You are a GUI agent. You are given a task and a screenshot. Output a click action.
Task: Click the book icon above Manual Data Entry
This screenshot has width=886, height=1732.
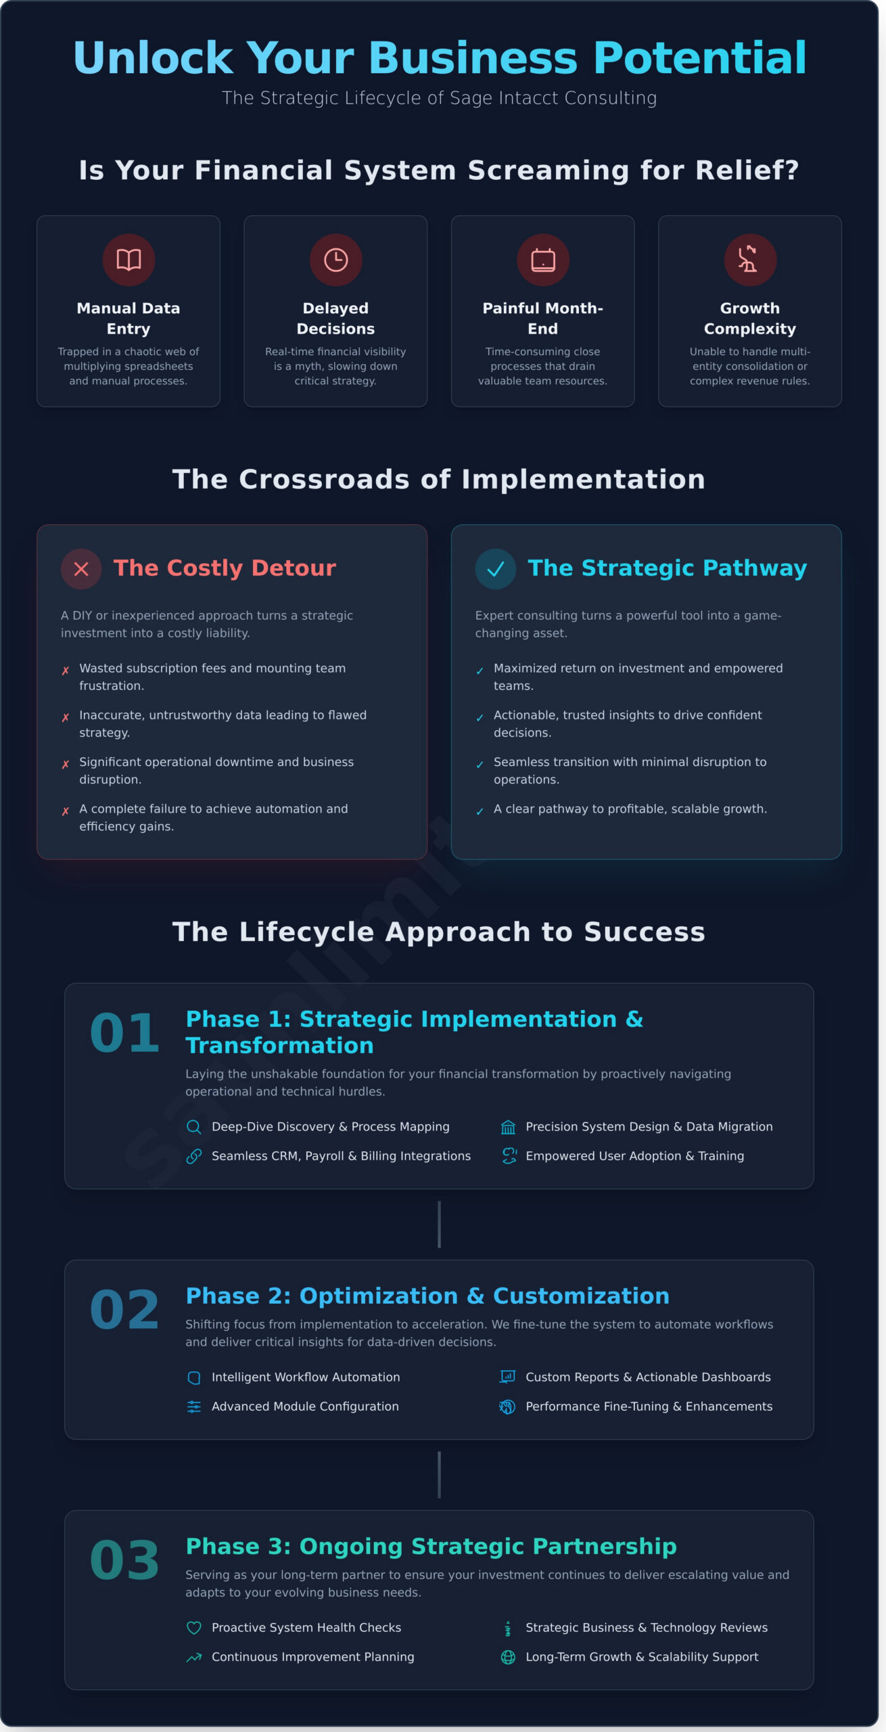pos(129,260)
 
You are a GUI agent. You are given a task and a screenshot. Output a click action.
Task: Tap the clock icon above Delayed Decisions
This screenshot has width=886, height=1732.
pos(335,260)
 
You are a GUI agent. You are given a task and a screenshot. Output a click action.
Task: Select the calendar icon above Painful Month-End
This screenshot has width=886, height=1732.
pos(543,260)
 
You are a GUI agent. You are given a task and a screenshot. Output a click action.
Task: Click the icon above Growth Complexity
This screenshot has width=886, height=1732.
pos(749,260)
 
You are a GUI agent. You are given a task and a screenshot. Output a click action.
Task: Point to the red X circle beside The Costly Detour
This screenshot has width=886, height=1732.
pos(81,569)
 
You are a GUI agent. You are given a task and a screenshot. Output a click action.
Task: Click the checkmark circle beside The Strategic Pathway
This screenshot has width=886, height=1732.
pos(496,569)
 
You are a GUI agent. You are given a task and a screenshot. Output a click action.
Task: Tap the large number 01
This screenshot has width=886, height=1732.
pos(124,1033)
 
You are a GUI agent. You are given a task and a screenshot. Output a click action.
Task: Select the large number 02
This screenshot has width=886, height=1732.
pos(124,1310)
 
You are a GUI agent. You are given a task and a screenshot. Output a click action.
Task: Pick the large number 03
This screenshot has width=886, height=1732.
pos(124,1560)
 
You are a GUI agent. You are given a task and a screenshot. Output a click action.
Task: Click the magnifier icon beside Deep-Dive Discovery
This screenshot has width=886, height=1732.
pos(194,1126)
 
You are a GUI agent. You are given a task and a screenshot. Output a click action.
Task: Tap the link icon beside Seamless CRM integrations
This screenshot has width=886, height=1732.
pos(194,1156)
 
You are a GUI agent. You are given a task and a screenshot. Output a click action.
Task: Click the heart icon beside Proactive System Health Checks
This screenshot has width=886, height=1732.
pos(194,1628)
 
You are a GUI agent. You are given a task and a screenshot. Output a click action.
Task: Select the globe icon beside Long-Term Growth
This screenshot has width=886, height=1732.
pos(508,1657)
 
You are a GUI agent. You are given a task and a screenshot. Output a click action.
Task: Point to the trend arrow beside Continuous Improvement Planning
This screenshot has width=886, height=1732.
pos(194,1658)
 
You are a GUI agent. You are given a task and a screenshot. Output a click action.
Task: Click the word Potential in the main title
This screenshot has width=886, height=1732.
pos(700,58)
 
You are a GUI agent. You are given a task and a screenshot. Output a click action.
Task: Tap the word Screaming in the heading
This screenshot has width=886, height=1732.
pos(549,170)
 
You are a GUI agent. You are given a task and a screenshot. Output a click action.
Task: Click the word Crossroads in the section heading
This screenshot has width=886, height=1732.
pos(324,480)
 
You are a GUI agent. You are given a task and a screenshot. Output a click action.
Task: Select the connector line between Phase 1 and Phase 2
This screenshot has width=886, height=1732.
pos(440,1225)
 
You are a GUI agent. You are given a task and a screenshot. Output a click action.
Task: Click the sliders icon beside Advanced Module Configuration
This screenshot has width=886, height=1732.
pos(194,1407)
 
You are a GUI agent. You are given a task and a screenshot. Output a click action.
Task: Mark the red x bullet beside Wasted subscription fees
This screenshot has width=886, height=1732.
pos(66,671)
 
